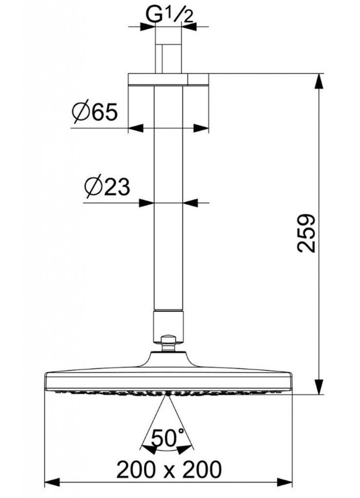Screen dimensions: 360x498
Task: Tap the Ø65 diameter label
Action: tap(95, 112)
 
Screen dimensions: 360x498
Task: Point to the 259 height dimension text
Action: tap(306, 233)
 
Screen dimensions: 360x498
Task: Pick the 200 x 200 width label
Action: tap(169, 469)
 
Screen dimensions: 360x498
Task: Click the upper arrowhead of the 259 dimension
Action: tap(319, 81)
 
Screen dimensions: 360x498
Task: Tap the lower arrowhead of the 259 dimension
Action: tap(319, 387)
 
